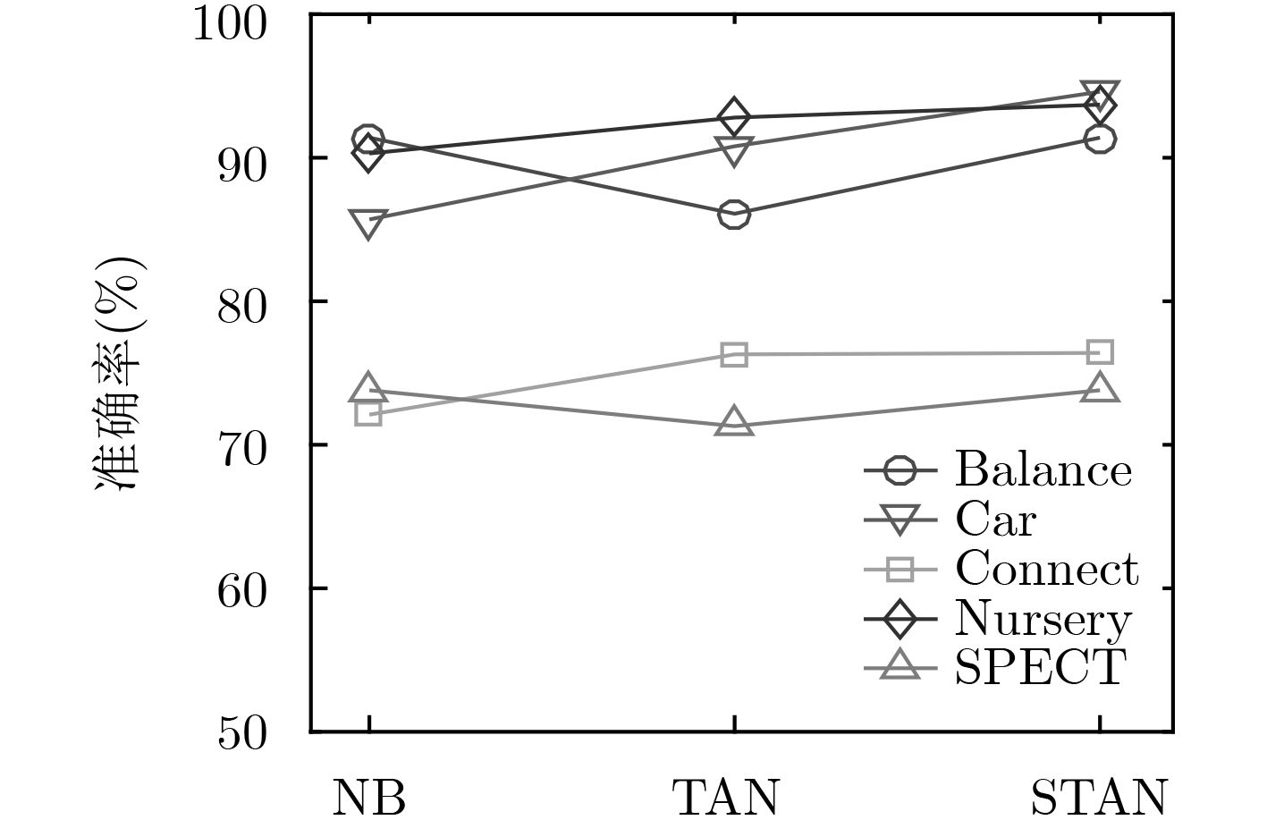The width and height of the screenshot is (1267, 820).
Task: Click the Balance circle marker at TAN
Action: pyautogui.click(x=734, y=215)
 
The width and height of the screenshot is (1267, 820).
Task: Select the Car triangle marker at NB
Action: pyautogui.click(x=368, y=221)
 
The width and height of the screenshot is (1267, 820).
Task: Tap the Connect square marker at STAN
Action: pyautogui.click(x=1100, y=352)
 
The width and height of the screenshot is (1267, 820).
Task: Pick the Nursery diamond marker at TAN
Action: pyautogui.click(x=734, y=117)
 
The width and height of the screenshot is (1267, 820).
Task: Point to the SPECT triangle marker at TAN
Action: pyautogui.click(x=734, y=423)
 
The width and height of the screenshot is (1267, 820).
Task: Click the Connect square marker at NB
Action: pyautogui.click(x=368, y=413)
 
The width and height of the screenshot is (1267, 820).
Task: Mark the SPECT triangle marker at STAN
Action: pyautogui.click(x=1100, y=389)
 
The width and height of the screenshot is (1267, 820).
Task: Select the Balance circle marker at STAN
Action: pyautogui.click(x=1100, y=139)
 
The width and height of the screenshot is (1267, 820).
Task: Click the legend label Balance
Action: pyautogui.click(x=1043, y=469)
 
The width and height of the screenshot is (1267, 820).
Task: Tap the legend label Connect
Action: pyautogui.click(x=1047, y=568)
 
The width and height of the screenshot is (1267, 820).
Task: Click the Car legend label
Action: pyautogui.click(x=995, y=519)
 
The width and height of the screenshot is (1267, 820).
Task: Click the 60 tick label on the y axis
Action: pyautogui.click(x=242, y=590)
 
